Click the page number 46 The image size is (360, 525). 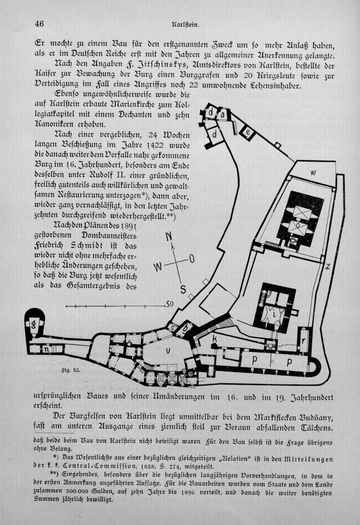39,24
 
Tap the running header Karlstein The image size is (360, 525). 185,25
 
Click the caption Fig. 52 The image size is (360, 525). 73,370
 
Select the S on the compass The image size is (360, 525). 183,290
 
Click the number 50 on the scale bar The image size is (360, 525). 170,304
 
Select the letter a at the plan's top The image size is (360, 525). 222,115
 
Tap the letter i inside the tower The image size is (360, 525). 274,315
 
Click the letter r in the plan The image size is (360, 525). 303,341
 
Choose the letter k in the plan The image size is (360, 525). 214,338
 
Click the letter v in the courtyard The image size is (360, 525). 168,351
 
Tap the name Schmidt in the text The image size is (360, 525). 90,245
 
